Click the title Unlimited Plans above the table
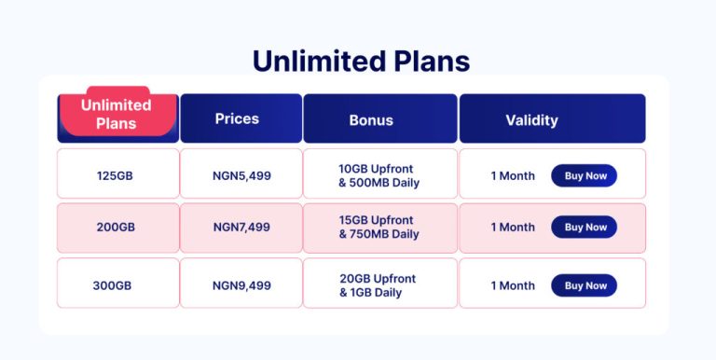pyautogui.click(x=361, y=61)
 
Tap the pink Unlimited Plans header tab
pyautogui.click(x=117, y=115)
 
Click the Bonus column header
pyautogui.click(x=371, y=119)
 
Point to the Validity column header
pyautogui.click(x=531, y=119)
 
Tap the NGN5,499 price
pyautogui.click(x=241, y=175)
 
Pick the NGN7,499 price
pyautogui.click(x=241, y=227)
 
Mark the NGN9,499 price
pyautogui.click(x=241, y=285)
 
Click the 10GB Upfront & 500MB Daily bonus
pyautogui.click(x=379, y=175)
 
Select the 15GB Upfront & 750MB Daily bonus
pyautogui.click(x=379, y=227)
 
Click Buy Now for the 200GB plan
pyautogui.click(x=585, y=227)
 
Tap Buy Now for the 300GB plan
pyautogui.click(x=585, y=285)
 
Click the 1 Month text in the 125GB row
pyautogui.click(x=513, y=175)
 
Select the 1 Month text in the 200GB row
pyautogui.click(x=513, y=227)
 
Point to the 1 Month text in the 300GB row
pyautogui.click(x=513, y=285)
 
